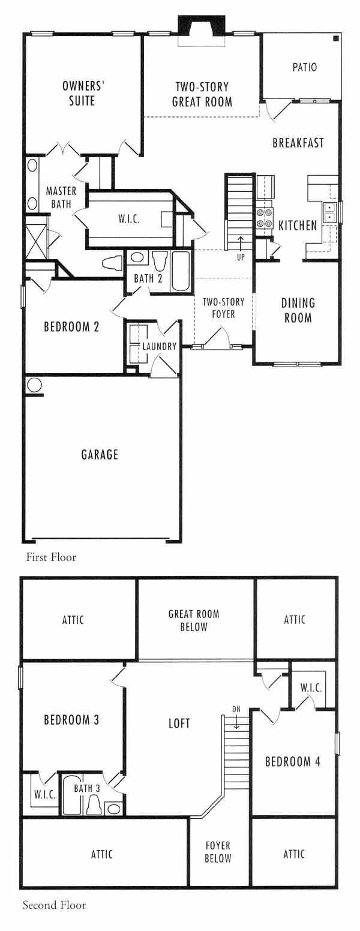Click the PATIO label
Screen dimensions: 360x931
coord(304,67)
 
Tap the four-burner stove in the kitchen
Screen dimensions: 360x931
coord(265,218)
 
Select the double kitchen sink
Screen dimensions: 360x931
coord(330,212)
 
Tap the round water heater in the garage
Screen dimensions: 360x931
coord(34,385)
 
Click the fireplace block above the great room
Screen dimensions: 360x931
coord(201,26)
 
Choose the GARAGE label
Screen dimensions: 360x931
coord(100,454)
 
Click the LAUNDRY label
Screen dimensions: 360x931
coord(160,346)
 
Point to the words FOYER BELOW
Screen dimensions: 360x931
coord(218,852)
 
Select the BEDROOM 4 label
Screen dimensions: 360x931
coord(293,761)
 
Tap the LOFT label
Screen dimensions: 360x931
coord(179,723)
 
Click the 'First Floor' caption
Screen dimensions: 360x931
coord(52,557)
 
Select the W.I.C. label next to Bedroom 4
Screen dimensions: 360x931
coord(311,687)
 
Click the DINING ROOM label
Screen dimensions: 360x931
coord(298,311)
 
